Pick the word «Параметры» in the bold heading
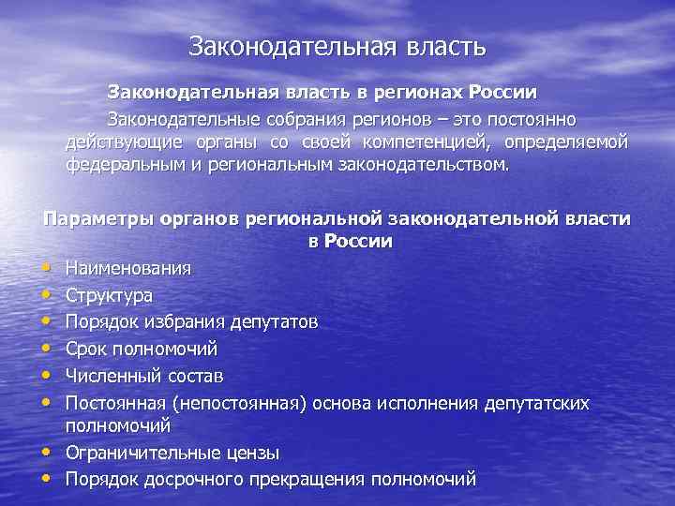(92, 218)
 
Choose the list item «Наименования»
(128, 269)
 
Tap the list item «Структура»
(109, 295)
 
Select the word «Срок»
(88, 349)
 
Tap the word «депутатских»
(536, 402)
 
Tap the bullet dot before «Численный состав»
(50, 375)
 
